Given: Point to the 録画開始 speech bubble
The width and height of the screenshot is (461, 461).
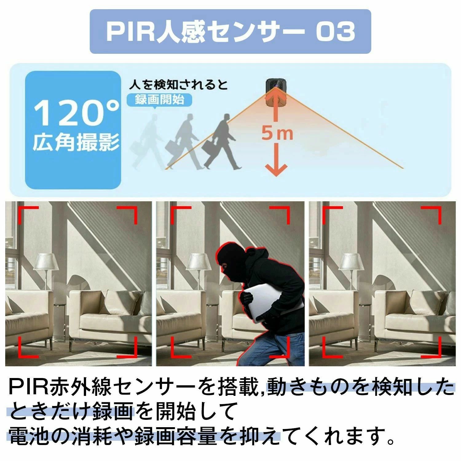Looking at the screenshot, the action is click(x=160, y=100).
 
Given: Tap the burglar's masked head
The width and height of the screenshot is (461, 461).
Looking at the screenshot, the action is click(x=231, y=262).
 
